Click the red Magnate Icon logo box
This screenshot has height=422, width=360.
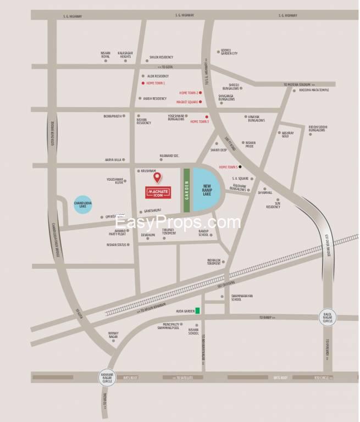pos(157,192)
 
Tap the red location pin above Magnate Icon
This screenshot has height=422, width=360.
pos(157,177)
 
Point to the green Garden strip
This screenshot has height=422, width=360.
pos(186,190)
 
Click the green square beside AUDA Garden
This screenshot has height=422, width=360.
pos(198,311)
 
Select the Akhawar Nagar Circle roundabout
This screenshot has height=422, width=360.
pos(107,377)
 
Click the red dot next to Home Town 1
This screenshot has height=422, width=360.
pos(143,83)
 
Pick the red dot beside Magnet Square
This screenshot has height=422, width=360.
pos(201,102)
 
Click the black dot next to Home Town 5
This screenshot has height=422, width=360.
pos(240,166)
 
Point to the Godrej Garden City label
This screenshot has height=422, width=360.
pos(228,52)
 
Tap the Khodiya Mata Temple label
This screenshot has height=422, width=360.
pos(314,90)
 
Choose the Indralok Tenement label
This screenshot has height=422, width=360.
pos(214,262)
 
